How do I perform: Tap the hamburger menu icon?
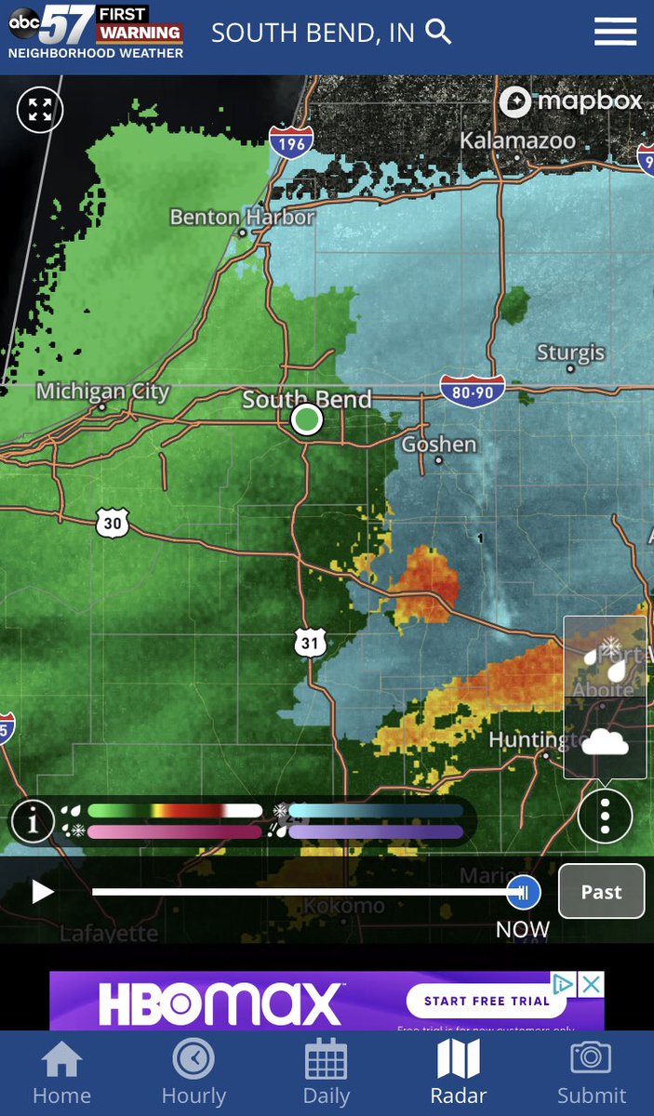615,32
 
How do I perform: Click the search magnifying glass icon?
438,33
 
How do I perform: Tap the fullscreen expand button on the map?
40,110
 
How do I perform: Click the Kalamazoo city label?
518,141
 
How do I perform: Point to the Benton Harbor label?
242,217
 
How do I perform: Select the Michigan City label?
102,392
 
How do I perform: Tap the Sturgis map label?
570,352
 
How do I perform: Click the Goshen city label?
439,445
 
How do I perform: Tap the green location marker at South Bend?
306,419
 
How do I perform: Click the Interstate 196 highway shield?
291,141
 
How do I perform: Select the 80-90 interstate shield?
473,392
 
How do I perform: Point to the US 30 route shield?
112,524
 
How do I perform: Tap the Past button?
601,892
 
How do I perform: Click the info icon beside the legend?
33,821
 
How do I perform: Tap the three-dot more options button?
605,816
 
